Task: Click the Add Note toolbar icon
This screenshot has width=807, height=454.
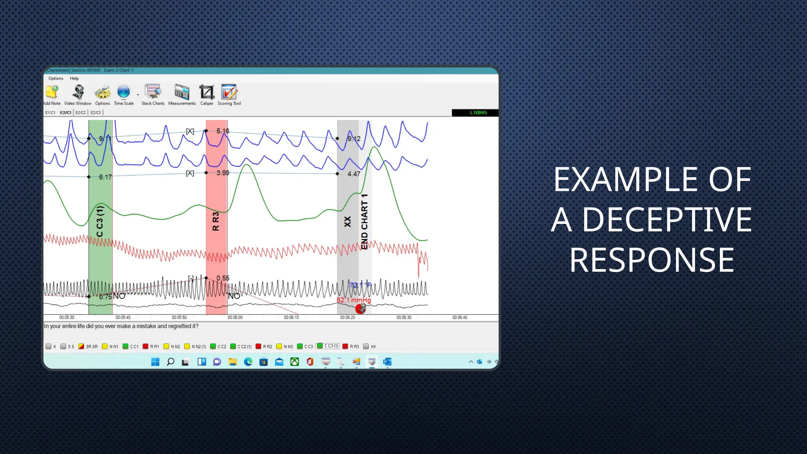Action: click(52, 92)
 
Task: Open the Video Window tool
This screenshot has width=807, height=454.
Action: click(78, 92)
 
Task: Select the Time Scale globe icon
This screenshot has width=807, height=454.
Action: click(123, 92)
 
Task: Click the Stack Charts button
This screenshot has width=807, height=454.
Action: click(153, 92)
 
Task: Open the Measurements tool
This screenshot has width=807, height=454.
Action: click(182, 92)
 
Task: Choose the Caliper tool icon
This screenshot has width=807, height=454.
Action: click(206, 92)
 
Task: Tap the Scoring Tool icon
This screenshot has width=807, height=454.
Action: click(229, 92)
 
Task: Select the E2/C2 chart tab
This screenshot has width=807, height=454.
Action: click(80, 113)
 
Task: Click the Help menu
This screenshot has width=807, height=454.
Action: click(74, 78)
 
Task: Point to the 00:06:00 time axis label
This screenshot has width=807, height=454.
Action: click(235, 318)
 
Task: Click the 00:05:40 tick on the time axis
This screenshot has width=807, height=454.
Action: click(123, 318)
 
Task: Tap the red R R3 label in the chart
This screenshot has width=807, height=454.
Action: click(216, 221)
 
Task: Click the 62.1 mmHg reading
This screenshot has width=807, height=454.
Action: click(353, 300)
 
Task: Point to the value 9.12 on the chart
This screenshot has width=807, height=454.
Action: click(353, 139)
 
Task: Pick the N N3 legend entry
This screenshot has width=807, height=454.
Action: click(285, 347)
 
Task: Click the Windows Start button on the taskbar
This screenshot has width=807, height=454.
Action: click(155, 362)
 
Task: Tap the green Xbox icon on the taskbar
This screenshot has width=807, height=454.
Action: click(294, 362)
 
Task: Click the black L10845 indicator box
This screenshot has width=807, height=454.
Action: click(475, 113)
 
